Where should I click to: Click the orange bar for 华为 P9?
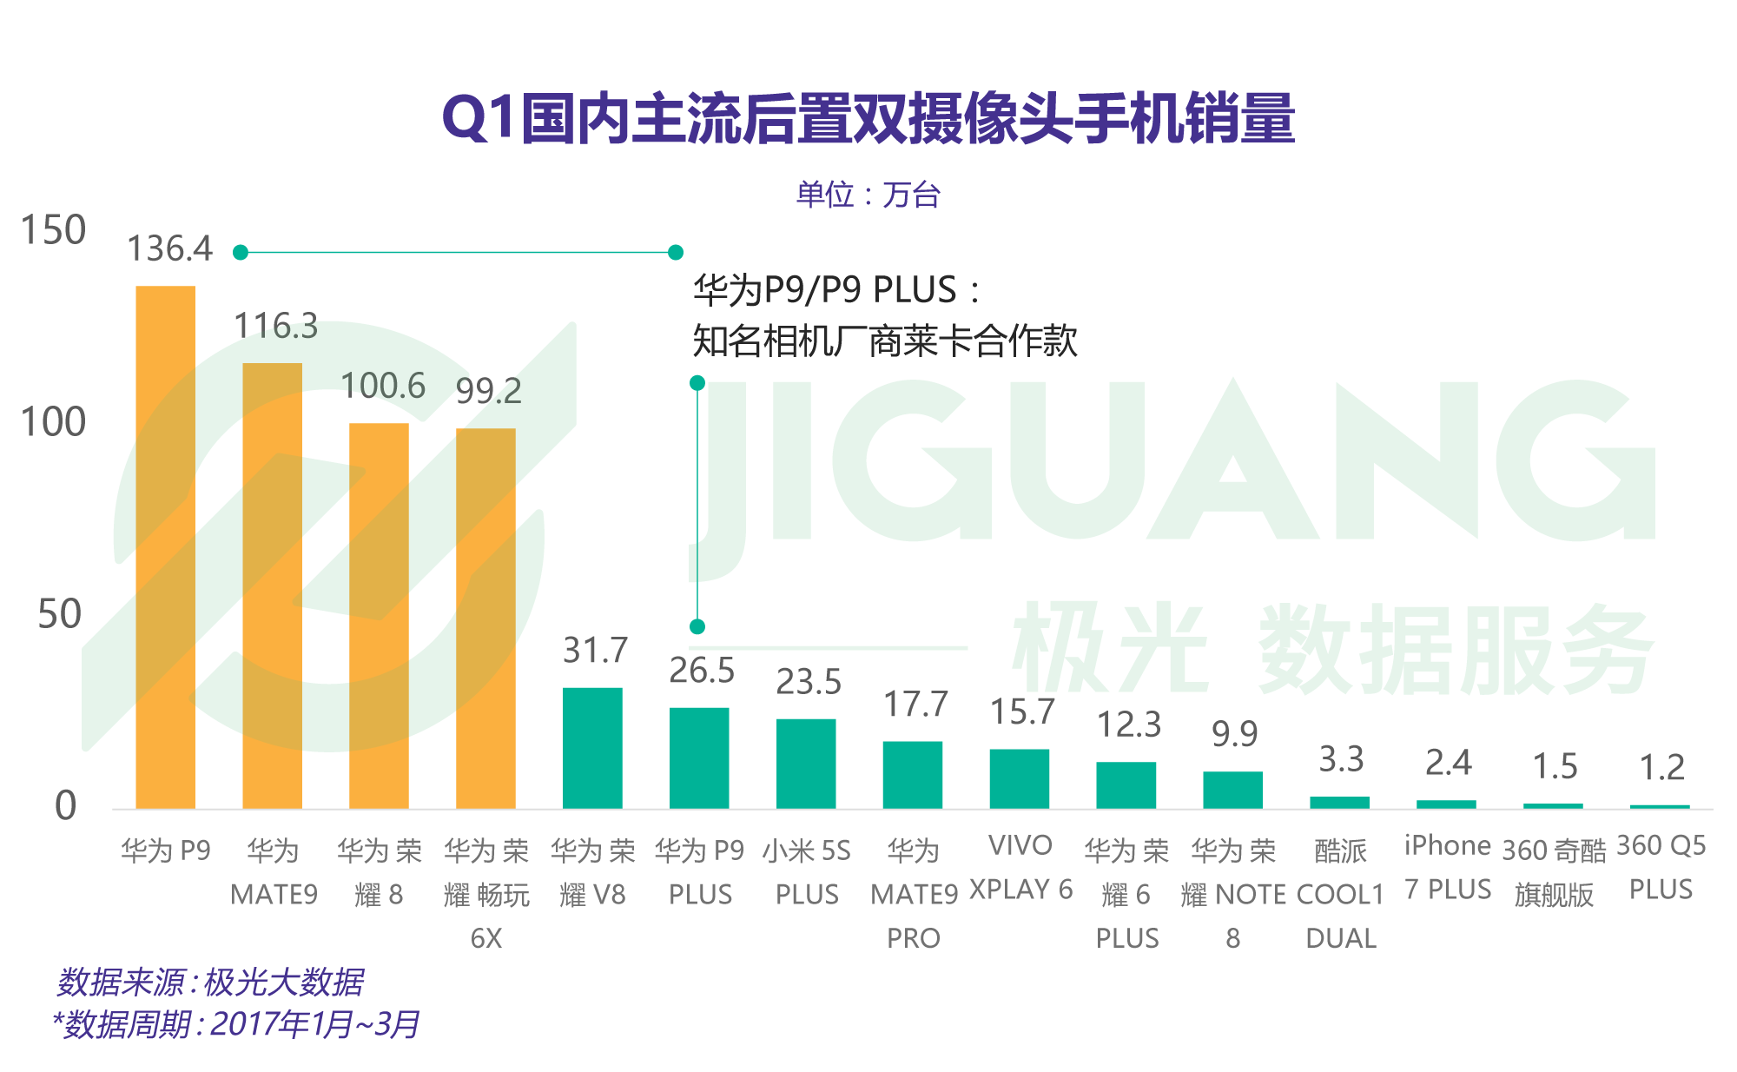[x=165, y=547]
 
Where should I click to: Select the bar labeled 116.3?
[x=272, y=586]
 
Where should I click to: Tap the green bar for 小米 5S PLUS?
[x=806, y=764]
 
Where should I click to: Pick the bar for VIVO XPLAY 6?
[x=1020, y=778]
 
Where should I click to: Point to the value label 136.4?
[x=169, y=249]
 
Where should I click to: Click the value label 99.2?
[x=488, y=392]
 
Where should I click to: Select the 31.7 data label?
[x=595, y=651]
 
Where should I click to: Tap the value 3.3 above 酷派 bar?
[x=1341, y=760]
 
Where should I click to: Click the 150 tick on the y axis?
[x=53, y=231]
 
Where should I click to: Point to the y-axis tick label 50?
[x=60, y=615]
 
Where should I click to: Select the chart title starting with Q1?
[x=868, y=119]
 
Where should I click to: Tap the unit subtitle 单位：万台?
[x=868, y=195]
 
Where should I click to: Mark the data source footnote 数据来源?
[x=209, y=983]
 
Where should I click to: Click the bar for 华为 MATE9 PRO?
[x=913, y=775]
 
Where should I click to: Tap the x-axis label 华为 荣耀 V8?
[x=592, y=872]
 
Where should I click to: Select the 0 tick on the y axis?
[x=65, y=807]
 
